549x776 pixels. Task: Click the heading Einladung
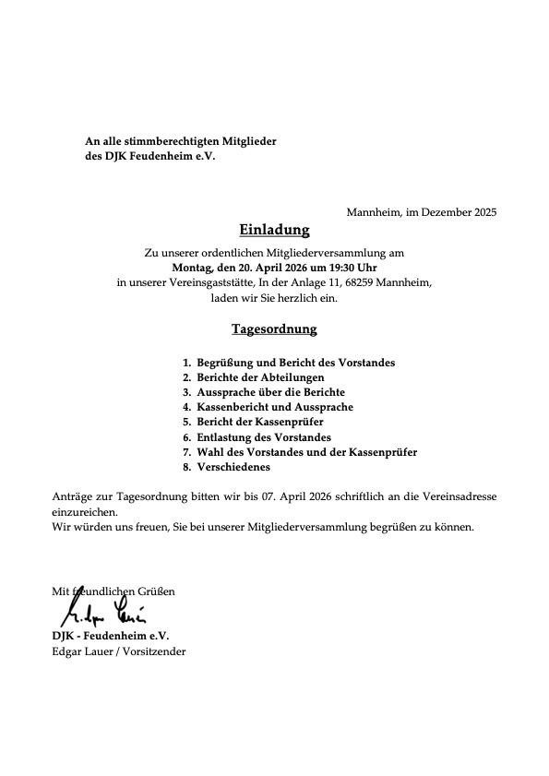click(274, 230)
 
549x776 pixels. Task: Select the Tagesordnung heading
click(274, 328)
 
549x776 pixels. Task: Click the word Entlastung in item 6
click(227, 437)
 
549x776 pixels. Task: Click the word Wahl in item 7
click(210, 452)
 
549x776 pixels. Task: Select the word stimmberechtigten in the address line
click(161, 140)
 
